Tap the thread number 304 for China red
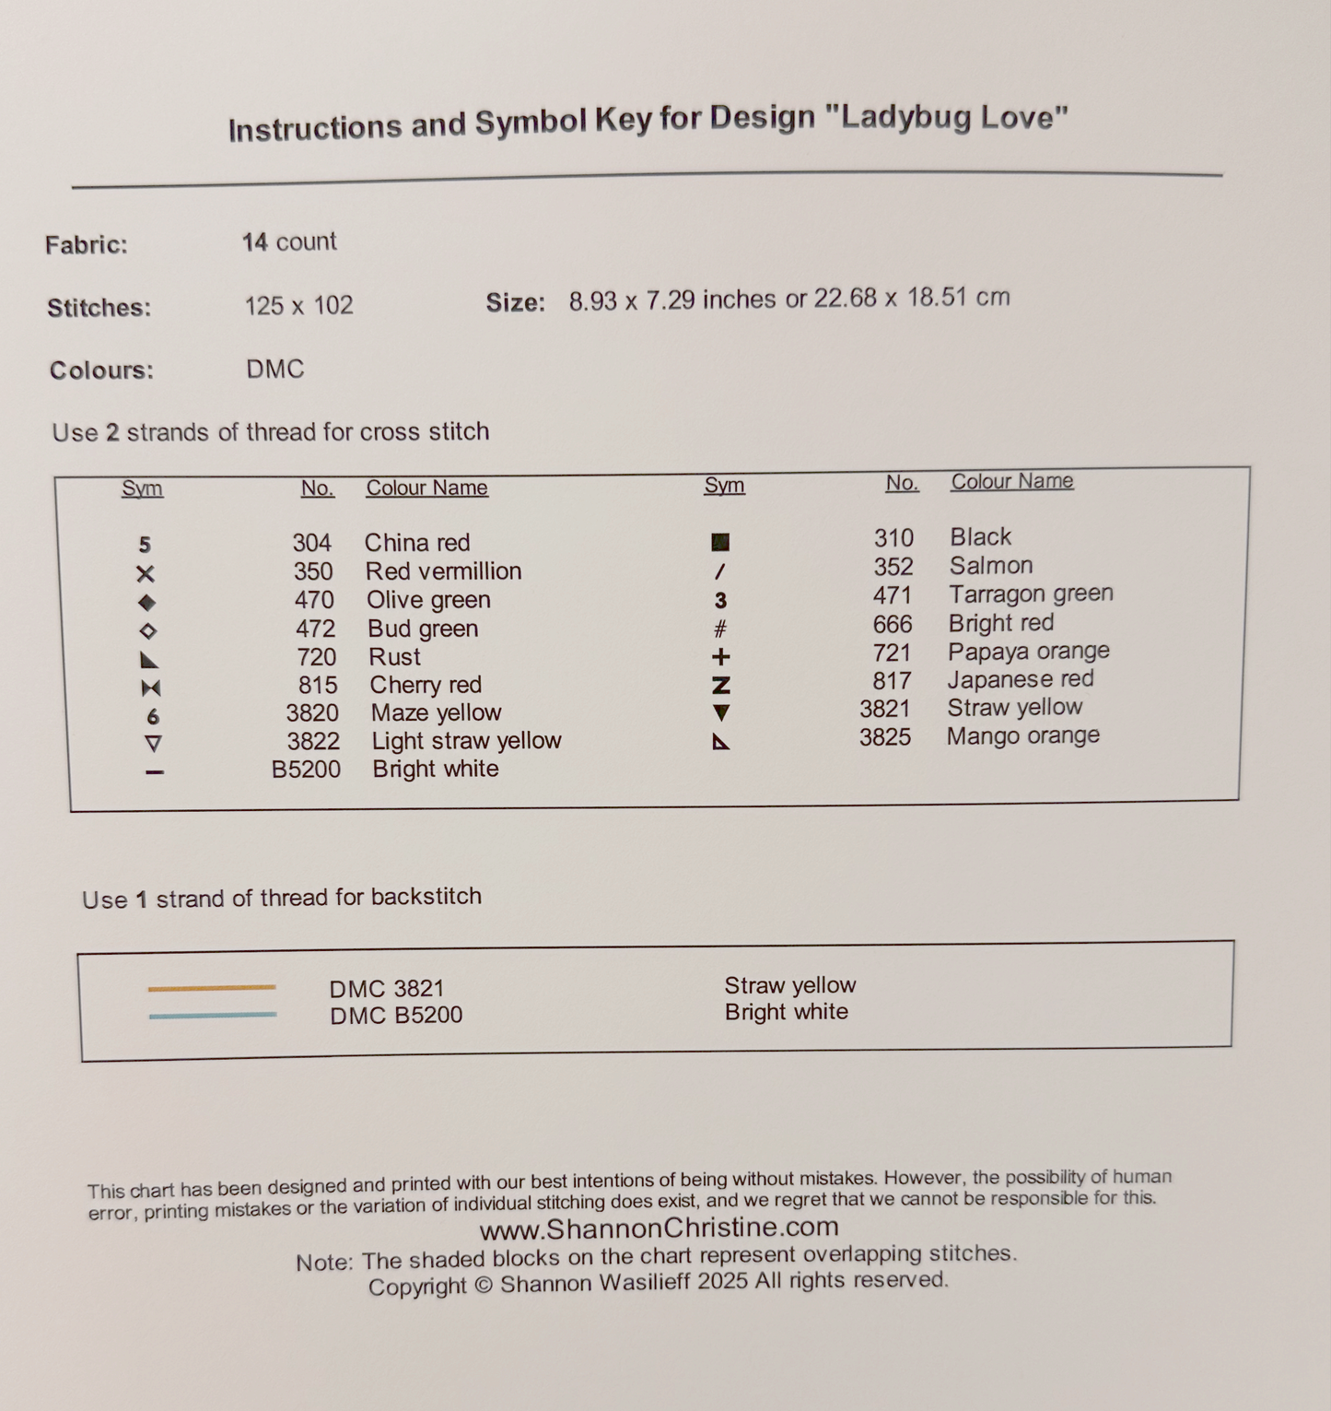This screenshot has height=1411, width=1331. tap(311, 543)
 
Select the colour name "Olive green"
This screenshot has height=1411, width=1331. tap(428, 600)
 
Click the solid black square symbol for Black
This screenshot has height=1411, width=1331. tap(720, 542)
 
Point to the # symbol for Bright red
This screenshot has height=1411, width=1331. tap(720, 629)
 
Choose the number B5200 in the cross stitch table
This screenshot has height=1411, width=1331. tap(306, 770)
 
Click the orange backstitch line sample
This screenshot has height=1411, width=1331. tap(212, 988)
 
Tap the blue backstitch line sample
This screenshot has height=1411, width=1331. tap(212, 1016)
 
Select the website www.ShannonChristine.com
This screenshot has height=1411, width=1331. tap(659, 1228)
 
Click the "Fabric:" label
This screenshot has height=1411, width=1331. tap(87, 245)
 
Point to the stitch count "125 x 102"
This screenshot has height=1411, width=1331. tap(298, 306)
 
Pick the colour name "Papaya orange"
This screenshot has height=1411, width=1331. tap(1028, 652)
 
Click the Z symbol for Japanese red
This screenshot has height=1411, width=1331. tap(720, 686)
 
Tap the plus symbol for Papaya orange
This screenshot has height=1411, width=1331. tap(721, 657)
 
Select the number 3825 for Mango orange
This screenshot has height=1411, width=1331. tap(884, 737)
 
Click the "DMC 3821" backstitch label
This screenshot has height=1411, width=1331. tap(387, 989)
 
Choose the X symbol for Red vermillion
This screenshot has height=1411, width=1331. tap(146, 574)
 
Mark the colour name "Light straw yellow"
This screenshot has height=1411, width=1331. tap(466, 741)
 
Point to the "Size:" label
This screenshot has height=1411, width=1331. tap(515, 303)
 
